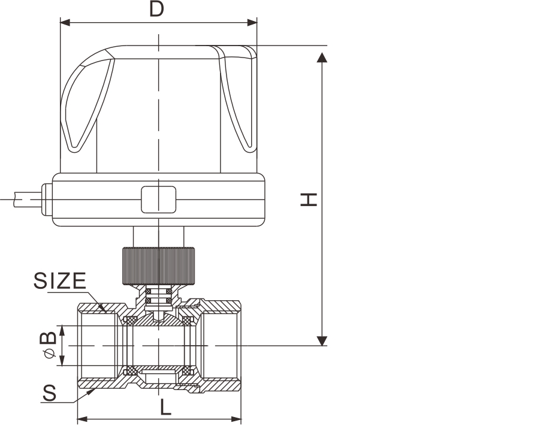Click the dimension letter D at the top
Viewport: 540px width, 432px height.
156,9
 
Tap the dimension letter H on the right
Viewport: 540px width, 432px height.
309,200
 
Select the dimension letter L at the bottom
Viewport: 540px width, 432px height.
165,408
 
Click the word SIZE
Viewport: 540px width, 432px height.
59,280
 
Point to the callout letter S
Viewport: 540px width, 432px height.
49,393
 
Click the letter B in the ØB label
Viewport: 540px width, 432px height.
48,338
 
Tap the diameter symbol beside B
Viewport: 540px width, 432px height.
49,353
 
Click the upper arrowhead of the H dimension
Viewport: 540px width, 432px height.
322,58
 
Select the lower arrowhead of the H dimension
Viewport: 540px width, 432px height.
322,340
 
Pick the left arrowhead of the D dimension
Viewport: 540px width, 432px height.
65,23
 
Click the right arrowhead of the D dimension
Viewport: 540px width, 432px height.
252,23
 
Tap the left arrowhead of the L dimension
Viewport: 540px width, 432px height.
82,419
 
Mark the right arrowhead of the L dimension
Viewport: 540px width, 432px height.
236,419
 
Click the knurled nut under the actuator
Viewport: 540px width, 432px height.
158,266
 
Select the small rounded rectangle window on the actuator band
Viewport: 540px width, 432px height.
159,200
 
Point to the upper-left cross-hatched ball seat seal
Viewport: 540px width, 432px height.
131,321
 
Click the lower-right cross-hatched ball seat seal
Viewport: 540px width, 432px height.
186,371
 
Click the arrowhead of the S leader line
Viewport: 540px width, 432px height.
92,391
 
